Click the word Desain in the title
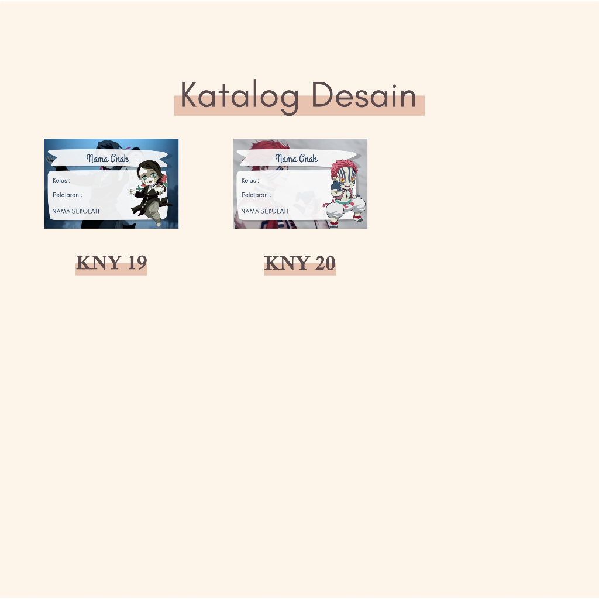(364, 95)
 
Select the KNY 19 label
(112, 263)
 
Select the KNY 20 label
(300, 263)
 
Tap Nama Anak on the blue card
(108, 158)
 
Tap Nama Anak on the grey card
(297, 158)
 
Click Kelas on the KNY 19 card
(60, 180)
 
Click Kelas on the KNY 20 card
(249, 180)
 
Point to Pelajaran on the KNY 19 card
(66, 195)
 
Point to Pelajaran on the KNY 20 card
(254, 195)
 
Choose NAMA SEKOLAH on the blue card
(75, 211)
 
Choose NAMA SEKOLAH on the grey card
(264, 211)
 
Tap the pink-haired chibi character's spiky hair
(343, 168)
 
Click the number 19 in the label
(137, 263)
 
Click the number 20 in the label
(325, 263)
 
